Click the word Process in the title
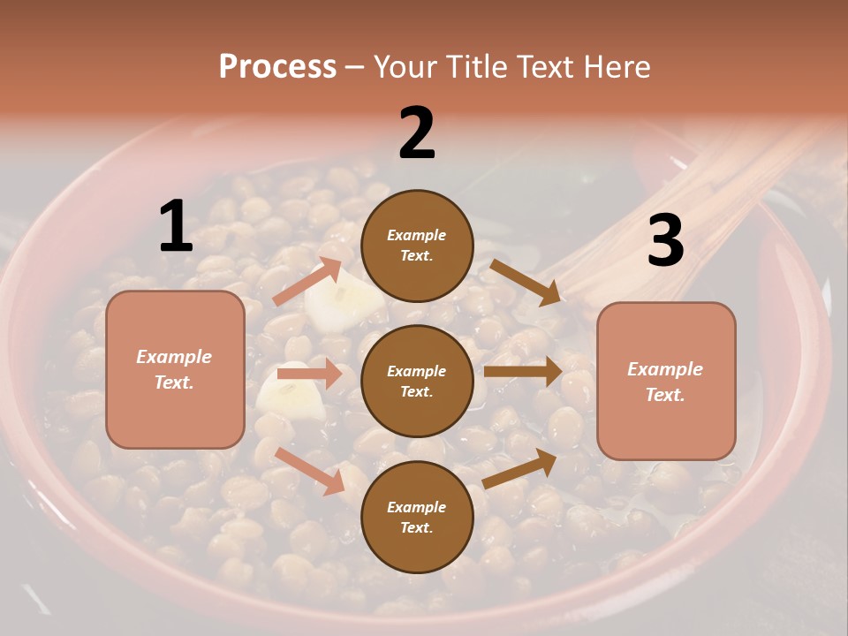pyautogui.click(x=277, y=66)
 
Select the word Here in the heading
pyautogui.click(x=616, y=66)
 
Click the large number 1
pyautogui.click(x=176, y=226)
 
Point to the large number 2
pyautogui.click(x=417, y=133)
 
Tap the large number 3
pyautogui.click(x=665, y=240)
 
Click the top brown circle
pyautogui.click(x=417, y=246)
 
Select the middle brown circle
pyautogui.click(x=417, y=381)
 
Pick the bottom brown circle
pyautogui.click(x=417, y=517)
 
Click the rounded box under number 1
pyautogui.click(x=175, y=369)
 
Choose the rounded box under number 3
pyautogui.click(x=665, y=382)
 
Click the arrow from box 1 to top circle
pyautogui.click(x=307, y=281)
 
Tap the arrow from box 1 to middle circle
pyautogui.click(x=309, y=374)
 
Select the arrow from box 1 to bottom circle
pyautogui.click(x=309, y=471)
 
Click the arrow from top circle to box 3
pyautogui.click(x=525, y=282)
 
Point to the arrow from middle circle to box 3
pyautogui.click(x=523, y=371)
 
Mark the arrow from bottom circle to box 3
pyautogui.click(x=520, y=469)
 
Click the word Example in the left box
pyautogui.click(x=174, y=357)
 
